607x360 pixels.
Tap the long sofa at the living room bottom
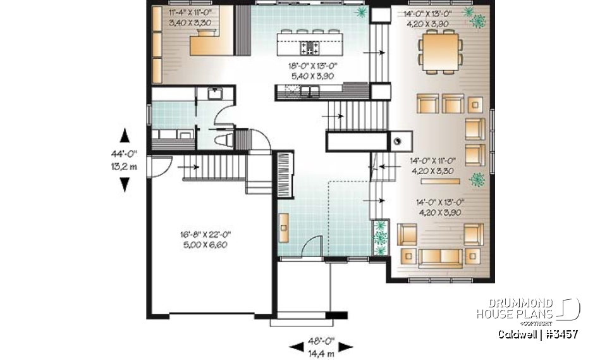(439, 256)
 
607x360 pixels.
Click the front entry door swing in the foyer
(309, 249)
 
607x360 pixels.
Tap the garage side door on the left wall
(156, 166)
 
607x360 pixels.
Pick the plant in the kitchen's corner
(362, 13)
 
